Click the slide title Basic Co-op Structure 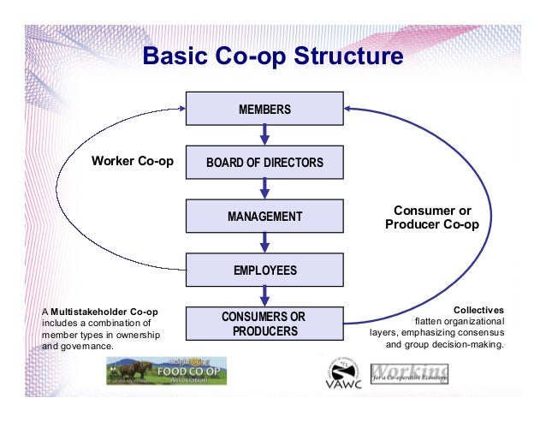(272, 57)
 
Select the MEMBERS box (264, 109)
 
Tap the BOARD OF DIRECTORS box (264, 162)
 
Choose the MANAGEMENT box (264, 217)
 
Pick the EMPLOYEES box (264, 270)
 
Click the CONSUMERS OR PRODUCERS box (264, 324)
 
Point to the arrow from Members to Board (264, 134)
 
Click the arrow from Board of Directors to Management (264, 188)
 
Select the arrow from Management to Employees (264, 242)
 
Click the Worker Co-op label (128, 161)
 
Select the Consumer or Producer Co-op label (432, 217)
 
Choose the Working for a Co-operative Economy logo (409, 373)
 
